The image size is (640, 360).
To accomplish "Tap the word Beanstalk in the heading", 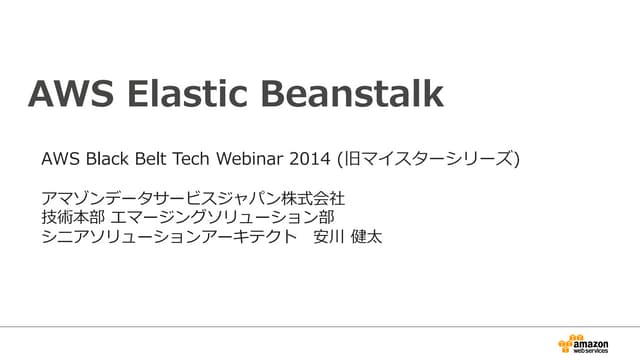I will click(349, 94).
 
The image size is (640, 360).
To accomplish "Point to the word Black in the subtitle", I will click(106, 159).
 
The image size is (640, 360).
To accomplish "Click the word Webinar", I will click(255, 159).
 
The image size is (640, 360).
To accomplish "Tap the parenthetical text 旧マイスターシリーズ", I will click(430, 159).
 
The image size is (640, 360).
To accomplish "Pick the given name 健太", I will click(367, 237).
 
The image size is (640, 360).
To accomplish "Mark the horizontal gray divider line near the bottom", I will click(320, 327).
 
